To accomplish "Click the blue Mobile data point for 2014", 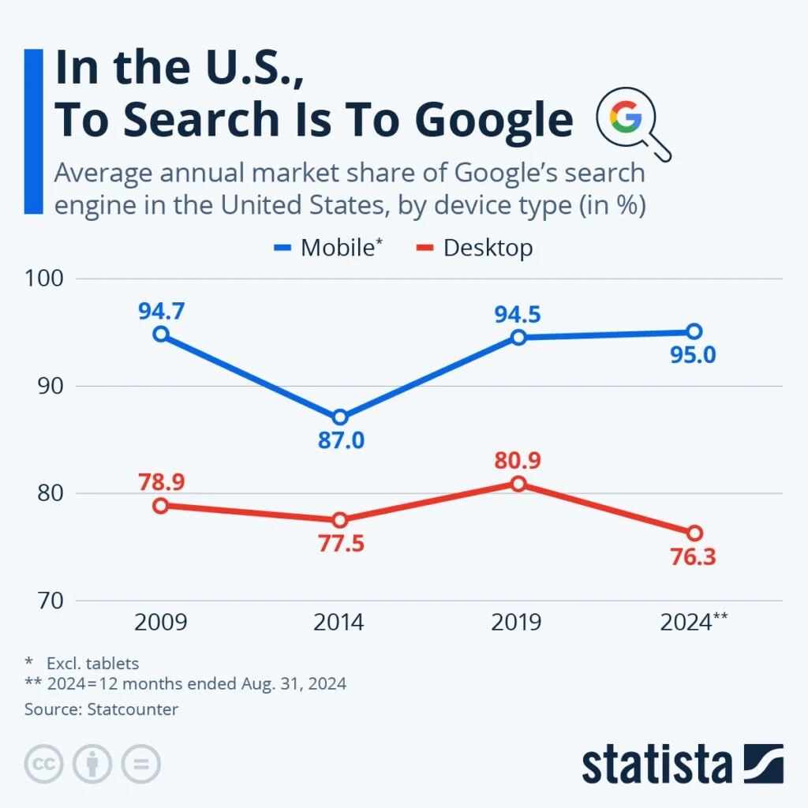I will pyautogui.click(x=339, y=417).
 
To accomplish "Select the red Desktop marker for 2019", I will pyautogui.click(x=518, y=484).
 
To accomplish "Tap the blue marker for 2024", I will pyautogui.click(x=694, y=331).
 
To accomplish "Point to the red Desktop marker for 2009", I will pyautogui.click(x=161, y=506).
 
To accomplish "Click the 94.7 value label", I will pyautogui.click(x=161, y=311).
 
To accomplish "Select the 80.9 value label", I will pyautogui.click(x=518, y=460).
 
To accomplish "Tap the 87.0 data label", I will pyautogui.click(x=341, y=440).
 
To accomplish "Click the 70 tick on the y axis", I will pyautogui.click(x=44, y=601).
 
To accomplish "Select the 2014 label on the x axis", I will pyautogui.click(x=339, y=623).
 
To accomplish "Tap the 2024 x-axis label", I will pyautogui.click(x=686, y=623).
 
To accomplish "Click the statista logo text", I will pyautogui.click(x=656, y=764).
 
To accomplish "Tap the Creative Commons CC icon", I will pyautogui.click(x=43, y=764).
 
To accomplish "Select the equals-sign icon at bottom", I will pyautogui.click(x=140, y=764).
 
